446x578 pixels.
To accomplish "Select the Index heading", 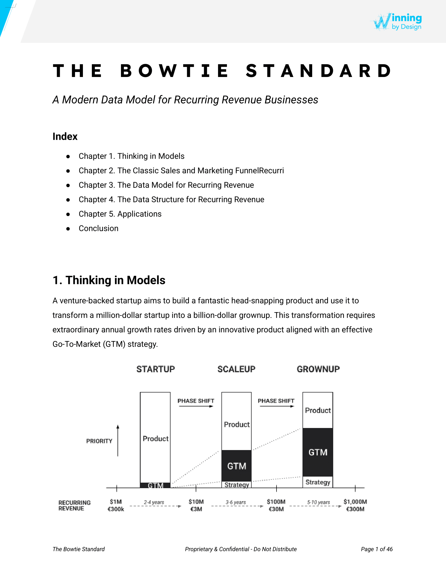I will (65, 137).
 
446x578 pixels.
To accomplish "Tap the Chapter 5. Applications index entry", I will (120, 214).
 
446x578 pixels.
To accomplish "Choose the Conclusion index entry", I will (98, 228).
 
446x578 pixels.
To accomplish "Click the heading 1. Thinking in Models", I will (109, 280).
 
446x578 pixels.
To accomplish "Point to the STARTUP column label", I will (155, 369).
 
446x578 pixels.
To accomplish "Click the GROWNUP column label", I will (318, 369).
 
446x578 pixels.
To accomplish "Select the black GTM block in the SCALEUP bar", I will (236, 466).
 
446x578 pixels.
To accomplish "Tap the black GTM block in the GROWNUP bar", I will (318, 452).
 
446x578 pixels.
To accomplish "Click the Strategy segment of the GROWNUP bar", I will (318, 482).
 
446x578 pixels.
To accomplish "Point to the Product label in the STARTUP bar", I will (155, 439).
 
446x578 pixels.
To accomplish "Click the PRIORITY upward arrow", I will (118, 441).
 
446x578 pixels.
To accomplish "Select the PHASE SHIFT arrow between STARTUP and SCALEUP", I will (196, 406).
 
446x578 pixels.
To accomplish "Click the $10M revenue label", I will (196, 502).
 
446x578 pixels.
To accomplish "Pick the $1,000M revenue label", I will (355, 502).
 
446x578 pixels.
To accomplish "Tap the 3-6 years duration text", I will (236, 502).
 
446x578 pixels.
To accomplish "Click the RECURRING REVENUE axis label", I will (74, 505).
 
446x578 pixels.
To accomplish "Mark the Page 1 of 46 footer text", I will (376, 549).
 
